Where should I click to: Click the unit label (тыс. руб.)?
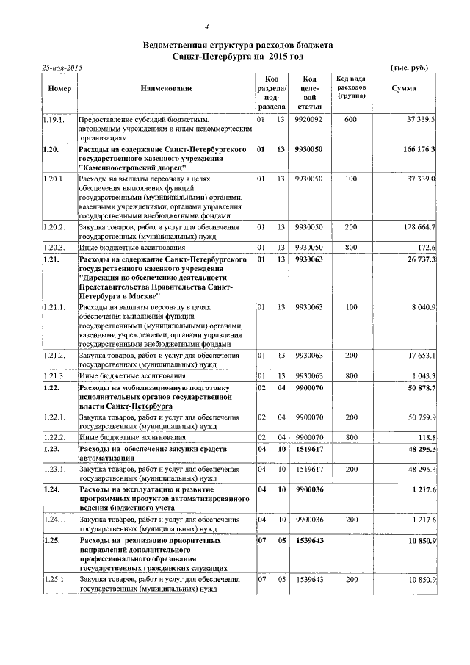tap(410, 68)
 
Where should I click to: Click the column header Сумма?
tap(404, 89)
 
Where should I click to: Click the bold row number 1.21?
tap(51, 261)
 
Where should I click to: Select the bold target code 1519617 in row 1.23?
tap(309, 448)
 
